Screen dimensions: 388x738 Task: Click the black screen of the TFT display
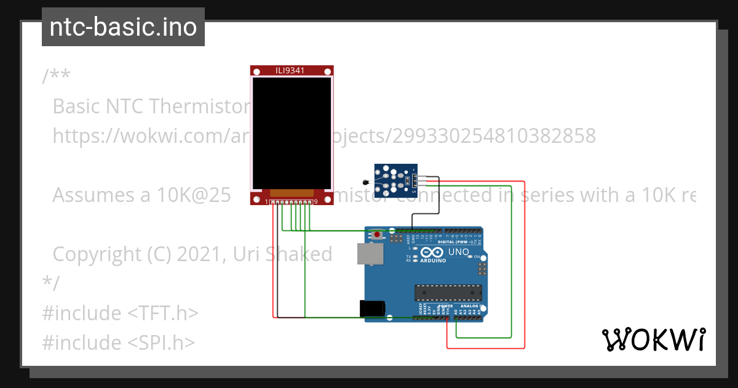pos(292,132)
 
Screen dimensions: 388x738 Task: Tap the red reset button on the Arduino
pos(377,235)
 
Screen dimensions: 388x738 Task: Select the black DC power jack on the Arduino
pos(373,307)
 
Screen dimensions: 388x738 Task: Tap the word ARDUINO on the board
pos(433,261)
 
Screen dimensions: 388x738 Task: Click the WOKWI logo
pos(653,339)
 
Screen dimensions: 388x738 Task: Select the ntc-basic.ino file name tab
pos(123,27)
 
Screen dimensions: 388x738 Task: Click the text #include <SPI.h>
pos(119,342)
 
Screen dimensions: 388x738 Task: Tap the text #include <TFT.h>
pos(121,313)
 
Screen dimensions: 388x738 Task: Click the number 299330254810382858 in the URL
pos(480,135)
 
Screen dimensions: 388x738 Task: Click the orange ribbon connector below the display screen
pos(292,193)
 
